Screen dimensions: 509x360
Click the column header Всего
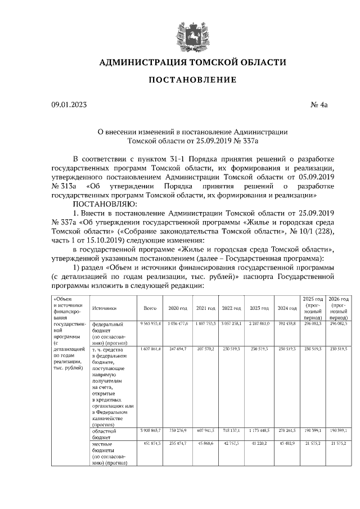coord(150,308)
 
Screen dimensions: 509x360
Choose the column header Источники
coord(105,308)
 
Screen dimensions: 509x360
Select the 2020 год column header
coord(177,308)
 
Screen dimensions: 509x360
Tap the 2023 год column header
coord(259,308)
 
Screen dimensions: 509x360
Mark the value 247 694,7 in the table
coord(177,349)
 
